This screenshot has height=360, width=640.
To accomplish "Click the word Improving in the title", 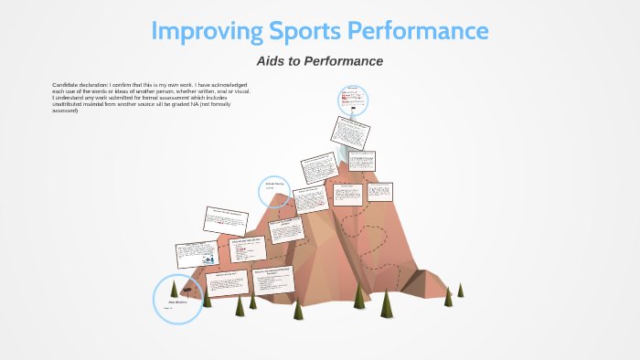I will (x=203, y=31).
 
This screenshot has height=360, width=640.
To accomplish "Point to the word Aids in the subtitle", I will (x=275, y=61).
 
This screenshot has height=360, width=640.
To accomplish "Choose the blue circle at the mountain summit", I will (x=352, y=100).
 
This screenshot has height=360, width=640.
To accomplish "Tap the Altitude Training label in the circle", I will (x=274, y=184).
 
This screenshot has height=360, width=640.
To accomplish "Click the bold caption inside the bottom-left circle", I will (x=177, y=300).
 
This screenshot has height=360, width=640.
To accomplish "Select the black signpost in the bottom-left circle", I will (x=187, y=288).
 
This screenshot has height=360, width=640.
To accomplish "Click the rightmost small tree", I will (x=460, y=290).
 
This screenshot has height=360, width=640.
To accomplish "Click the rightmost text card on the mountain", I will (x=379, y=192).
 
